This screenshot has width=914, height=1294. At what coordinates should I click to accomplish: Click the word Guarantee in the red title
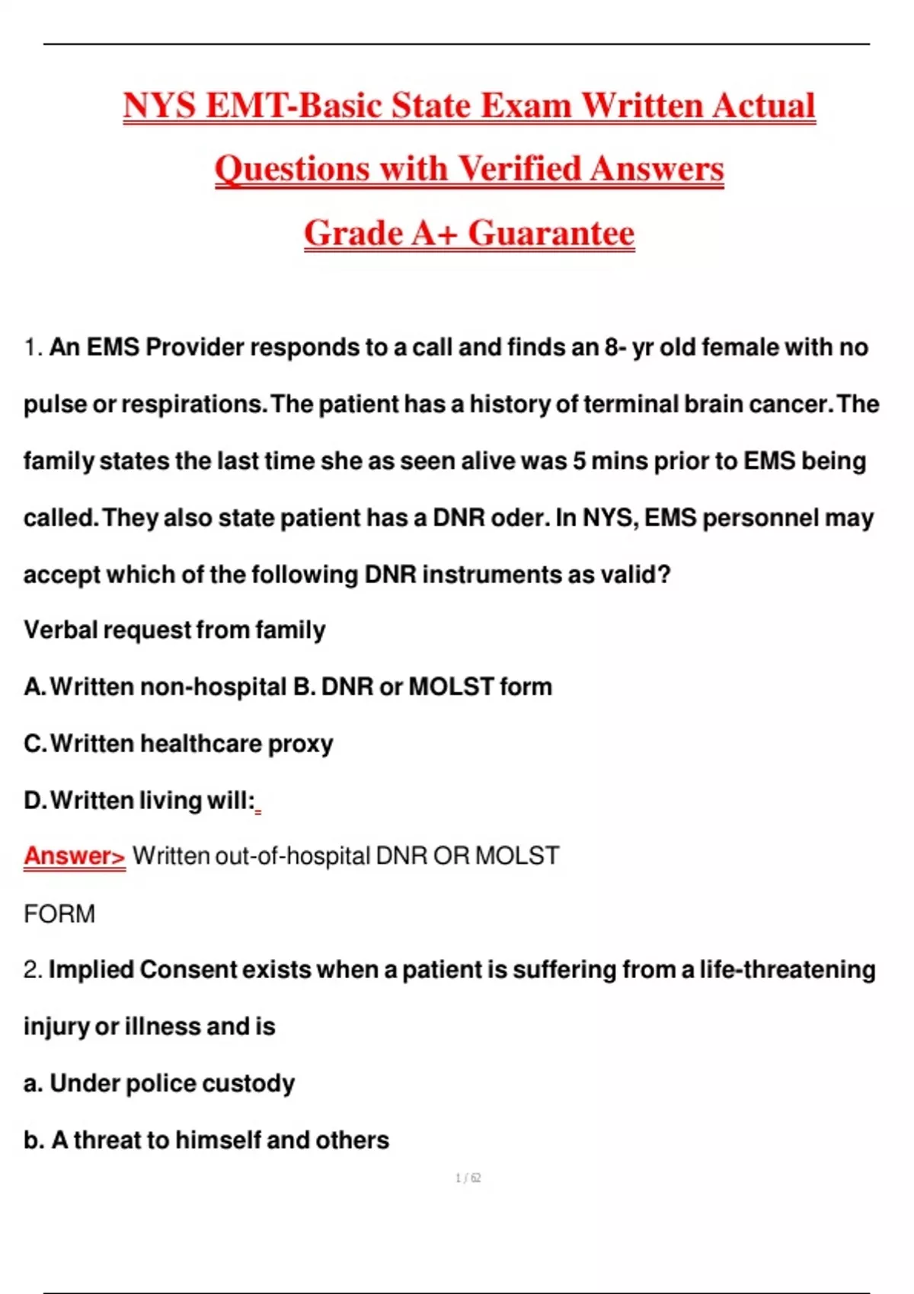click(x=551, y=233)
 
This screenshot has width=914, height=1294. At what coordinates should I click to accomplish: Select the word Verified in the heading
click(x=519, y=168)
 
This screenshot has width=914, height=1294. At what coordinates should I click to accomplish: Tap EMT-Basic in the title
click(x=293, y=105)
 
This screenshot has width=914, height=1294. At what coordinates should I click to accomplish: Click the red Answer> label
click(x=74, y=856)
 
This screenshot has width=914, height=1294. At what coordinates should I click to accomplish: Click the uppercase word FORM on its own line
click(x=59, y=913)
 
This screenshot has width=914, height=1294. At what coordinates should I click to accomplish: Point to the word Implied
click(x=91, y=970)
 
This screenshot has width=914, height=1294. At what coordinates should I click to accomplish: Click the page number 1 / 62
click(x=468, y=1178)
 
